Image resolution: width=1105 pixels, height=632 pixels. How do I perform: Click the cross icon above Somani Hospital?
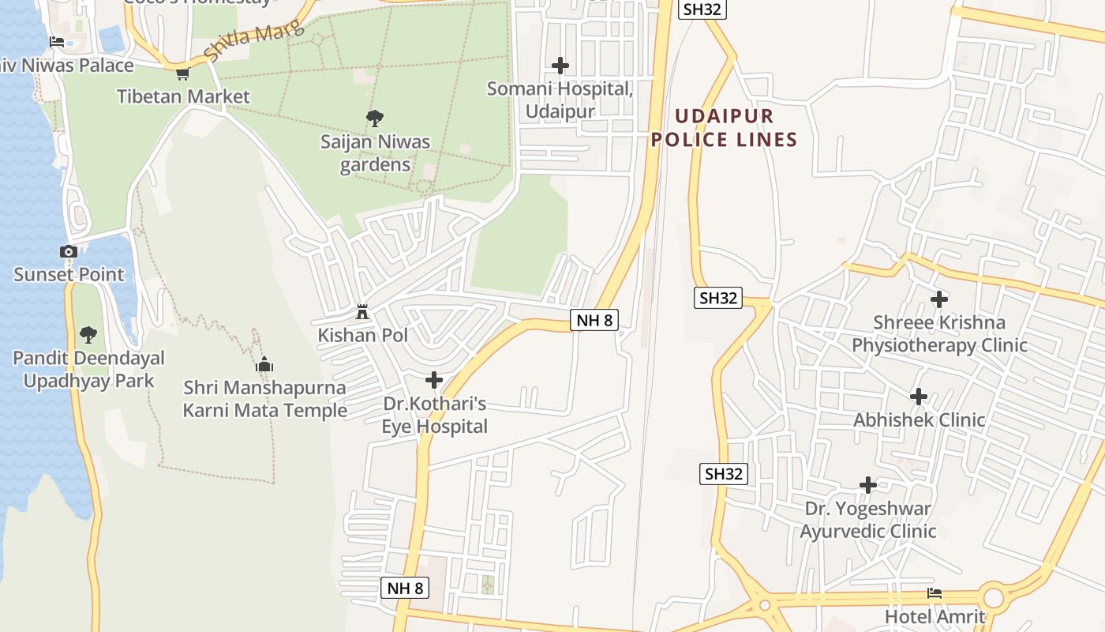[x=560, y=65]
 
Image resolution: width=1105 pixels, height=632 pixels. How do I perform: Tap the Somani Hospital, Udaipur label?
[x=560, y=100]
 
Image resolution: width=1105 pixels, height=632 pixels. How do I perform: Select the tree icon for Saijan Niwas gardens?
[x=375, y=118]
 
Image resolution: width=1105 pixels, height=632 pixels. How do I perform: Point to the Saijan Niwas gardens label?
[x=375, y=153]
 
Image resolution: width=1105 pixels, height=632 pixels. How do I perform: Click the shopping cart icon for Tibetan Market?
[x=182, y=73]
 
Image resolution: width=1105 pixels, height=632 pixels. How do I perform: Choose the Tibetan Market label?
[x=183, y=96]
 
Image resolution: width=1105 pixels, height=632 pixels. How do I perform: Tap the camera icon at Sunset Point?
[x=69, y=252]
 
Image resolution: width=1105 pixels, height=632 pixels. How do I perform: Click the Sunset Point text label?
[x=69, y=275]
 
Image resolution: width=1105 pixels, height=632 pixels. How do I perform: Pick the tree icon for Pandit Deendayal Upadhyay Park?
[x=88, y=335]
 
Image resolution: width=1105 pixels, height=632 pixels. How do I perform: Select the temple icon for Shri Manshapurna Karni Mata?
[x=264, y=364]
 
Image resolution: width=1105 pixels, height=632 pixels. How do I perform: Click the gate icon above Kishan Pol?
[x=362, y=312]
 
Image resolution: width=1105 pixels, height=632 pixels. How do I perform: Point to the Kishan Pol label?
[x=362, y=335]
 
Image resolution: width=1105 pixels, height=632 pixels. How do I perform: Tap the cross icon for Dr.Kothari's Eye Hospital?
[x=434, y=380]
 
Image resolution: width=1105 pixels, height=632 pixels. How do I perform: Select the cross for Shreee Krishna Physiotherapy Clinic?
[x=939, y=299]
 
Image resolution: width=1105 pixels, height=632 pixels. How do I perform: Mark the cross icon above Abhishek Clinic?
[x=919, y=397]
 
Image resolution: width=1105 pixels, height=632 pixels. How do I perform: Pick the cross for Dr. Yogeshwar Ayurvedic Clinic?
[x=868, y=485]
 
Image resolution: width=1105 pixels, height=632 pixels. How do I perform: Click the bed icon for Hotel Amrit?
[x=935, y=593]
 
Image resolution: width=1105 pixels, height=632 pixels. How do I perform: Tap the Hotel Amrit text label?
[x=935, y=616]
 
